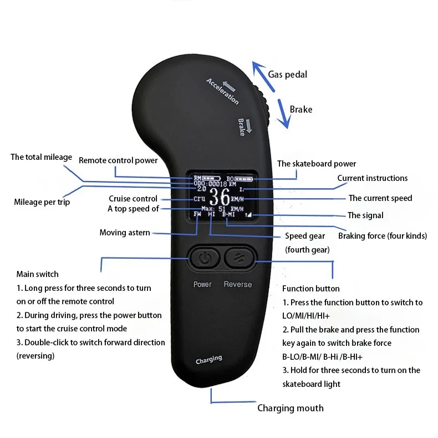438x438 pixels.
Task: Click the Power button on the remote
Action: pos(205,258)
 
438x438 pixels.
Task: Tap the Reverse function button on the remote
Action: pos(239,258)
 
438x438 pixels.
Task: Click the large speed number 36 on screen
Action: pos(219,198)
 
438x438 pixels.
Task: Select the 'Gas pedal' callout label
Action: pos(287,74)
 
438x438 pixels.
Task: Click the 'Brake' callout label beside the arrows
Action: pos(301,109)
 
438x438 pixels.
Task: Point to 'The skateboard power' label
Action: pos(317,164)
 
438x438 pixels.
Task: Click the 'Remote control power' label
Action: pos(118,160)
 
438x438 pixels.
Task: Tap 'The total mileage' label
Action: pos(41,157)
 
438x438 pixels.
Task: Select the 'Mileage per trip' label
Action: pos(42,202)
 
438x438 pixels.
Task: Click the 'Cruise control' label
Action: pos(133,199)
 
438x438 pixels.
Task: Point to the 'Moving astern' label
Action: pos(125,233)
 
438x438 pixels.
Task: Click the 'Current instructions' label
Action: pos(372,178)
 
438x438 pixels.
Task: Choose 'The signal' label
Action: pos(365,215)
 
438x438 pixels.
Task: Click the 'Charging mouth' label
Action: pos(290,408)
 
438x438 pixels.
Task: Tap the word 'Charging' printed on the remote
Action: pos(209,360)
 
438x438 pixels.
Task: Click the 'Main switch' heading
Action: pos(37,274)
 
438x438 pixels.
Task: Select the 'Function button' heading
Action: pos(310,289)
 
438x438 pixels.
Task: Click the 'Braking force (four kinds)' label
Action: pos(383,236)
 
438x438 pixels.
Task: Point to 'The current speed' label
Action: pos(380,198)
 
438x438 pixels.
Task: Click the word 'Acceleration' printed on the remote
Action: pos(222,91)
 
